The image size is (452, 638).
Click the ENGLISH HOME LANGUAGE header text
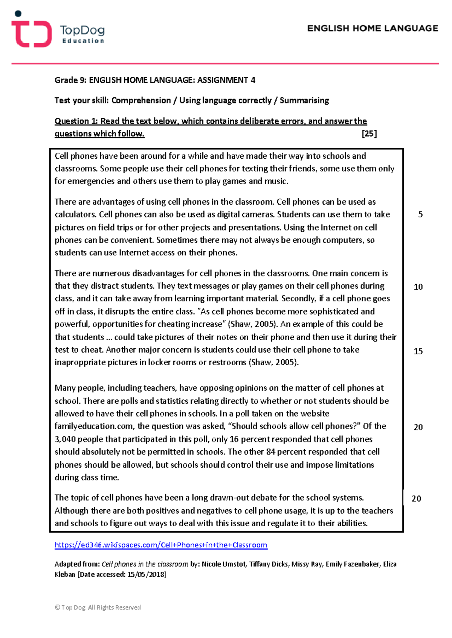pyautogui.click(x=372, y=29)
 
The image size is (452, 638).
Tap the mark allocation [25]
pyautogui.click(x=369, y=134)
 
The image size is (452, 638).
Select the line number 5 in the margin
pyautogui.click(x=420, y=214)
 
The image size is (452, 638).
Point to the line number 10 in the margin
pyautogui.click(x=418, y=287)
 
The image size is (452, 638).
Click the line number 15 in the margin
pyautogui.click(x=418, y=351)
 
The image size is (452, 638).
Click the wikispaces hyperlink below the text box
pyautogui.click(x=161, y=545)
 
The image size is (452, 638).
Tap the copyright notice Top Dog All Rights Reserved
pyautogui.click(x=98, y=608)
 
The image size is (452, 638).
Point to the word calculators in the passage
pyautogui.click(x=75, y=215)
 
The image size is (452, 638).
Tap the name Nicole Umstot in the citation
pyautogui.click(x=223, y=564)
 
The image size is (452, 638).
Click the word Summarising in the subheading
pyautogui.click(x=304, y=100)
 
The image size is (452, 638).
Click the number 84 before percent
pyautogui.click(x=270, y=452)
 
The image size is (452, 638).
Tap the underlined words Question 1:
pyautogui.click(x=76, y=121)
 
